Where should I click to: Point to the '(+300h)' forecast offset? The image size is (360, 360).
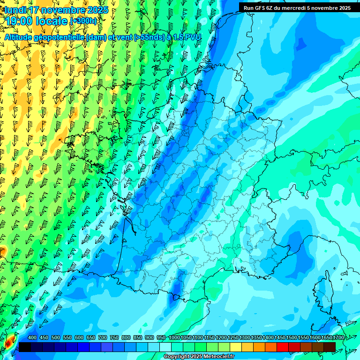84,21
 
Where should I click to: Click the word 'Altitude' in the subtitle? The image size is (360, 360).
19,37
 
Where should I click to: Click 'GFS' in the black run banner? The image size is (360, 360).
261,7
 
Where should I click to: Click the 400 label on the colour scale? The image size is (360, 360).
32,338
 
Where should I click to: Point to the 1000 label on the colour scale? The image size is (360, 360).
174,338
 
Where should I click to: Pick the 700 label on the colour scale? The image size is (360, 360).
103,338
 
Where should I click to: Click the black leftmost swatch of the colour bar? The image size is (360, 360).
25,347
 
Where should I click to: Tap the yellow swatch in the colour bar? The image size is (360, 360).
236,347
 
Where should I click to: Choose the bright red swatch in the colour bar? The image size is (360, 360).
283,347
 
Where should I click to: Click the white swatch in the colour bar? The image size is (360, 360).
165,347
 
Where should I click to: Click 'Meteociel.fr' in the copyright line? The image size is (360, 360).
219,357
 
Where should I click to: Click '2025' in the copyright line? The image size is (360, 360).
196,357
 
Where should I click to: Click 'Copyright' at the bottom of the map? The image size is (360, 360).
177,357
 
